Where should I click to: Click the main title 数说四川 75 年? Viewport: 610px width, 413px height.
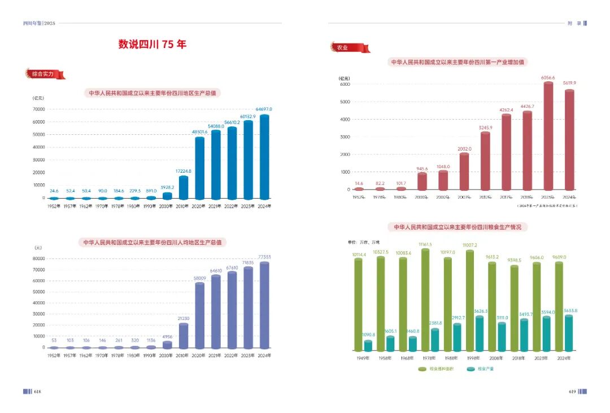tap(152, 45)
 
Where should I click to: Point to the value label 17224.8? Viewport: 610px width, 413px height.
tap(184, 171)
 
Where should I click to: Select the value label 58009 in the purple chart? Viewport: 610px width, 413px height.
tap(199, 278)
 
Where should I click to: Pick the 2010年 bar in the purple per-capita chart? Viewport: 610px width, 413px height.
tap(184, 335)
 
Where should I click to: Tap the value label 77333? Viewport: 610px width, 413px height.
tap(264, 257)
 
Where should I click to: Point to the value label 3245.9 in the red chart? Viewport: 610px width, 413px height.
tap(485, 128)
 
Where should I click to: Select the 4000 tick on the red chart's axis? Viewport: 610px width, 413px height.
tap(345, 120)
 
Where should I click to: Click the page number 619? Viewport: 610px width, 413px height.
tap(571, 391)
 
